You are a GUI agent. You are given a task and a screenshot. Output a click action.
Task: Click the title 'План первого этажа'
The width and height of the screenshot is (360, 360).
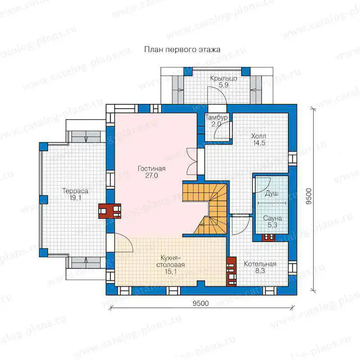(x=182, y=49)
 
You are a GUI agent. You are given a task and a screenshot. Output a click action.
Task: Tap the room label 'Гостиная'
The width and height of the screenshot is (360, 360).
(x=152, y=168)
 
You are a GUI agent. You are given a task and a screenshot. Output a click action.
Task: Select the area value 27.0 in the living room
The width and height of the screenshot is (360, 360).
(x=152, y=175)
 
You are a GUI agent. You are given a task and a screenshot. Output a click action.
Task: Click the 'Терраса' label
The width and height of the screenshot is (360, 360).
(x=75, y=191)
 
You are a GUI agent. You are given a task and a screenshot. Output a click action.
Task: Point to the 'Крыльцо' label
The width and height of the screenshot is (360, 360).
(x=224, y=78)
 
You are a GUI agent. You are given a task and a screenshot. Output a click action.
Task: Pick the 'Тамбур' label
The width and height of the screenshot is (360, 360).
(x=216, y=117)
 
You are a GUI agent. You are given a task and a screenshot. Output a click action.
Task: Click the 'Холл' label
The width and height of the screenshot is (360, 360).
(x=259, y=136)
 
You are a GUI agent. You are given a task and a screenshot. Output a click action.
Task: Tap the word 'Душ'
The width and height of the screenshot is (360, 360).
(x=272, y=193)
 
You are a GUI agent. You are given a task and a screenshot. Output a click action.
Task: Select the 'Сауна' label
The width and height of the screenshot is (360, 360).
(x=272, y=218)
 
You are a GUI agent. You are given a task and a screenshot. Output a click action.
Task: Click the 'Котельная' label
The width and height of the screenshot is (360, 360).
(x=260, y=264)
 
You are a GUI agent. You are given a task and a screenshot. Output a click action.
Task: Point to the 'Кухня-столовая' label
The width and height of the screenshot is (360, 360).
(x=171, y=261)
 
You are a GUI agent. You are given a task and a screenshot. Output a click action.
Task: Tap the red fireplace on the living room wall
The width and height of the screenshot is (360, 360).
(x=110, y=211)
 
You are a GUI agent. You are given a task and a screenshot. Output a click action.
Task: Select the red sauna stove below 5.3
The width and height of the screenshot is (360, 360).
(x=269, y=238)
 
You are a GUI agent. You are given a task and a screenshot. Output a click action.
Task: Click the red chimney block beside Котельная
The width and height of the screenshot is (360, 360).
(x=231, y=271)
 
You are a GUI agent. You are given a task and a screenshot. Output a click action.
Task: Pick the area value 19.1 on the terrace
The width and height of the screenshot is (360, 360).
(x=75, y=198)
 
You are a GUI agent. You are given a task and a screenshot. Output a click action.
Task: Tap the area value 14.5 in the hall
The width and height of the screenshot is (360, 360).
(x=259, y=143)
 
